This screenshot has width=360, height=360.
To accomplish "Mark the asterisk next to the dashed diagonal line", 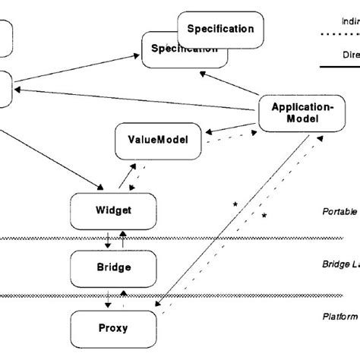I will point(264,216).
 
